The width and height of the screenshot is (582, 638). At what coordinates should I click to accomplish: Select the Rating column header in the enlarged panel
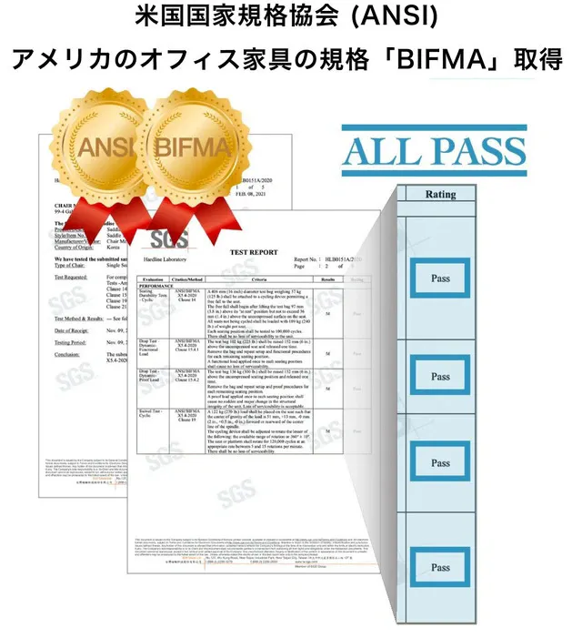click(x=440, y=194)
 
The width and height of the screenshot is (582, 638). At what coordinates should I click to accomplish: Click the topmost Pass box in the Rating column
click(x=440, y=278)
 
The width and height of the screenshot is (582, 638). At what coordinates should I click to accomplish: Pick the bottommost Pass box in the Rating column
click(x=440, y=567)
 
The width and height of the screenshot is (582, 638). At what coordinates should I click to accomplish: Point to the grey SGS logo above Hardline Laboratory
click(x=173, y=241)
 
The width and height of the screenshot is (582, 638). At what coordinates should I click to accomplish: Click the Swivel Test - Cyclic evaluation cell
click(x=151, y=417)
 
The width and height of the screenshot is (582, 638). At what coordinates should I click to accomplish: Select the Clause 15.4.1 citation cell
click(x=188, y=350)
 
